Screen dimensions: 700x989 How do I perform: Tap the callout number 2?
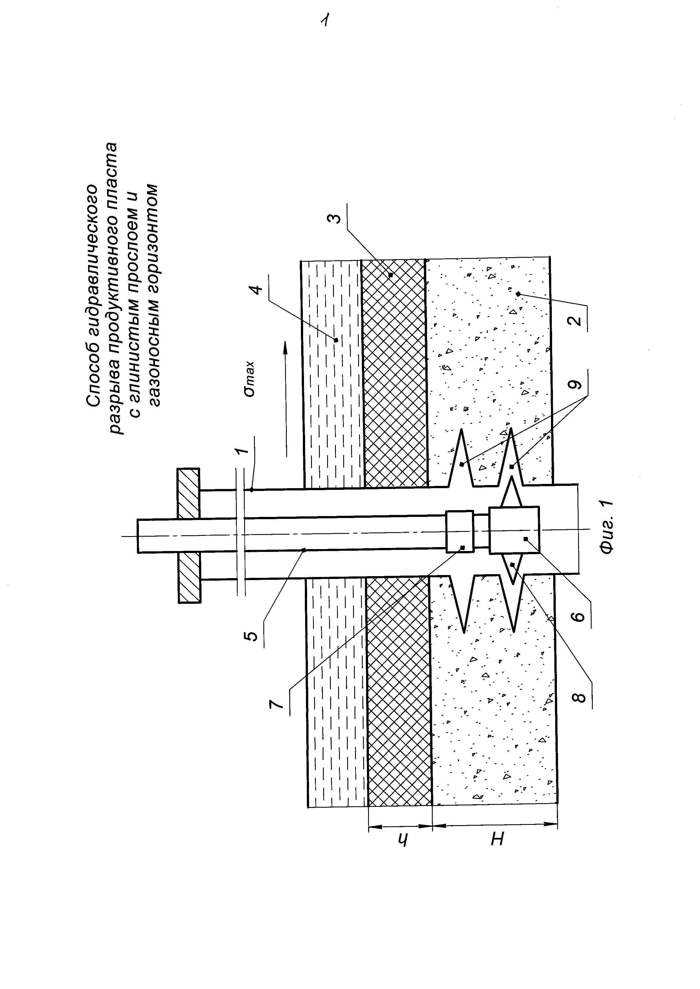point(576,321)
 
